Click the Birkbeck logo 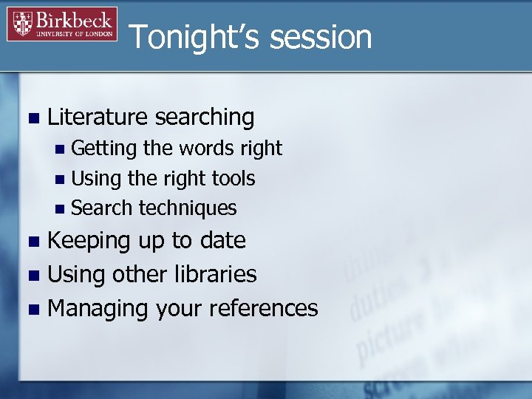pyautogui.click(x=62, y=24)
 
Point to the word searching pyautogui.click(x=208, y=117)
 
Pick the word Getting pyautogui.click(x=104, y=149)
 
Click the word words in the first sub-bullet pyautogui.click(x=206, y=149)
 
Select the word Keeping pyautogui.click(x=88, y=241)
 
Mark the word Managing pyautogui.click(x=98, y=308)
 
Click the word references pyautogui.click(x=264, y=308)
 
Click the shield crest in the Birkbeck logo pyautogui.click(x=23, y=24)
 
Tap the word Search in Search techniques pyautogui.click(x=102, y=208)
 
